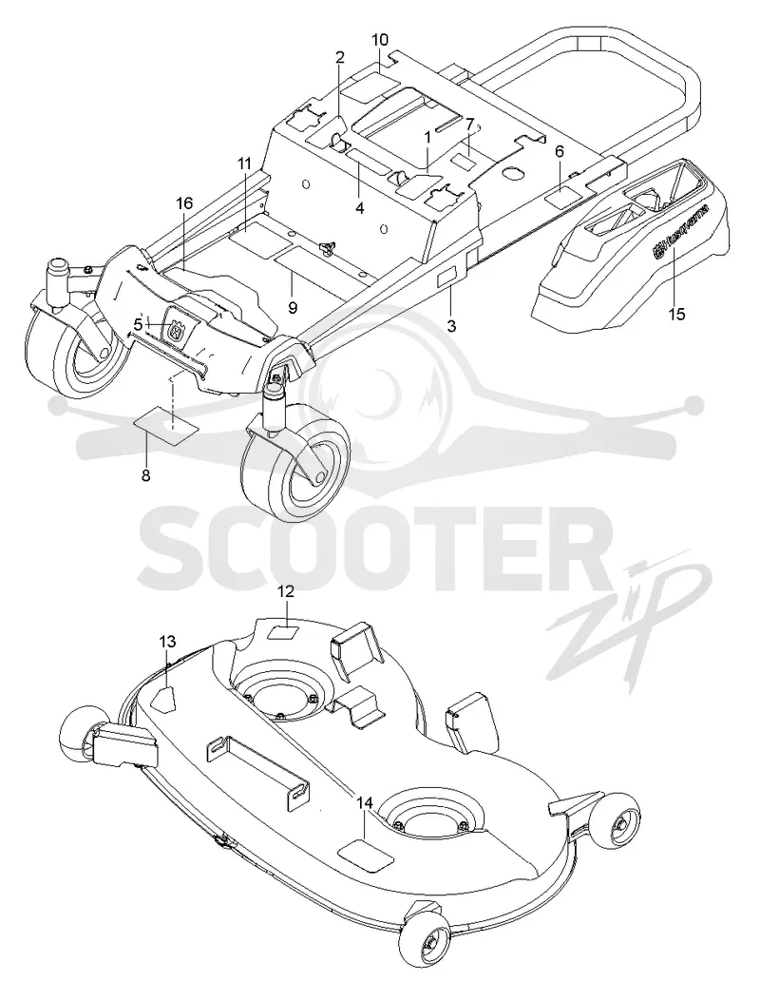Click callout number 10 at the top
click(x=379, y=40)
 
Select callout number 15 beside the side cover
click(x=675, y=314)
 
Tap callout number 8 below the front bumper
click(x=146, y=475)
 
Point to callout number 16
click(x=183, y=203)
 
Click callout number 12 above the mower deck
click(x=285, y=592)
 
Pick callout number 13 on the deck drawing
click(x=166, y=642)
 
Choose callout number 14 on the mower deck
click(x=364, y=802)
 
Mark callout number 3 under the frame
click(x=451, y=326)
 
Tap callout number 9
click(x=293, y=307)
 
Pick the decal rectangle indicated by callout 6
click(x=562, y=196)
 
